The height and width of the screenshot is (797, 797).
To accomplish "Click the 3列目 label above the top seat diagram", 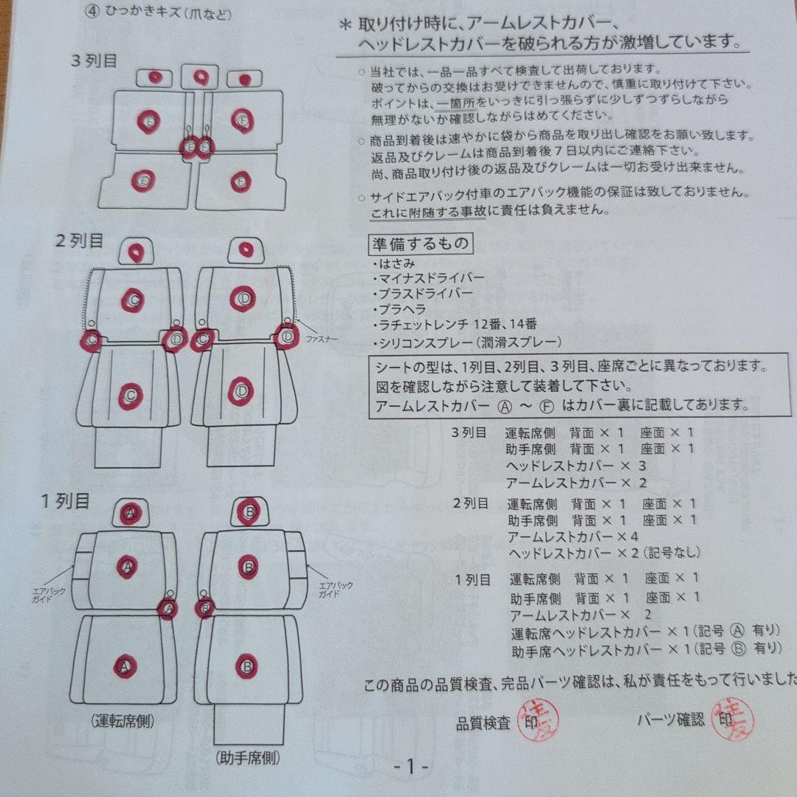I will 94,61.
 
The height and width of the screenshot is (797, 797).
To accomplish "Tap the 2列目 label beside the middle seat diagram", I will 79,241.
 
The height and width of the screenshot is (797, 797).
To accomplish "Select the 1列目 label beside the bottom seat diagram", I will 65,502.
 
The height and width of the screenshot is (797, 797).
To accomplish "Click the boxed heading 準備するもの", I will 419,243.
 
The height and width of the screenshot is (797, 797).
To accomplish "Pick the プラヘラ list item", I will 401,309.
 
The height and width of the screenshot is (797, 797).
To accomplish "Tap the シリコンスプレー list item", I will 468,342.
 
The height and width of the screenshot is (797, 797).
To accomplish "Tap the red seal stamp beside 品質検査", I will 540,720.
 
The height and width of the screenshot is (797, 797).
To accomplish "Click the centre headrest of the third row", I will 200,77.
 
